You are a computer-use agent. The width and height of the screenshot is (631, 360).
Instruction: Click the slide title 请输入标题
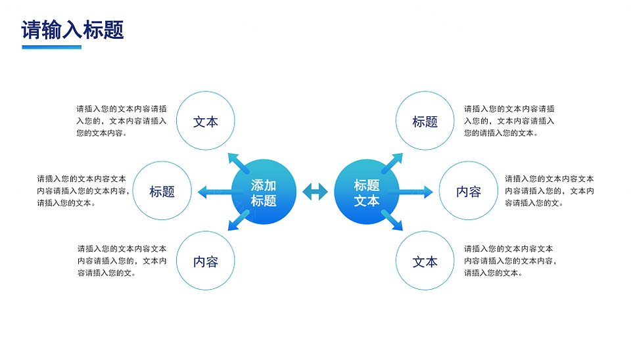click(x=72, y=30)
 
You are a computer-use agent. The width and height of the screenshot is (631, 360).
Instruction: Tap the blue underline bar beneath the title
click(x=51, y=47)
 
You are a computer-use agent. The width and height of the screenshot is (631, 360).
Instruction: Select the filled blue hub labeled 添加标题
click(x=264, y=192)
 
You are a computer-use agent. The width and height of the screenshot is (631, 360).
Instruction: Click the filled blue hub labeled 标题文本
click(x=367, y=192)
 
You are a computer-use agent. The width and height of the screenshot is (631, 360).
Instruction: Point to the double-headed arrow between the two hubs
click(x=315, y=191)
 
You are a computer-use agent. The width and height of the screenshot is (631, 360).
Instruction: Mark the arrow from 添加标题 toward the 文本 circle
click(x=238, y=163)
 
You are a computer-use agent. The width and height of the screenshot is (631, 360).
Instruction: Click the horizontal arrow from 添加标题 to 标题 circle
click(x=216, y=192)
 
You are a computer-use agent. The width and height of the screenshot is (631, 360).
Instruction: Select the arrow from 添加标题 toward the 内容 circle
click(x=238, y=221)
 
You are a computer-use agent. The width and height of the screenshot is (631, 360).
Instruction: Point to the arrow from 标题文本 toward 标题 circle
click(x=392, y=163)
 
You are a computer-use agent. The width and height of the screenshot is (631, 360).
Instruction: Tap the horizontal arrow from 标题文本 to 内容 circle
click(x=415, y=192)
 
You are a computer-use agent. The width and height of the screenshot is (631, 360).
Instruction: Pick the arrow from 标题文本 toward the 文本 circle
click(x=392, y=221)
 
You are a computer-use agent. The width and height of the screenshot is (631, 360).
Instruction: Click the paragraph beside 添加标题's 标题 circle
click(x=83, y=191)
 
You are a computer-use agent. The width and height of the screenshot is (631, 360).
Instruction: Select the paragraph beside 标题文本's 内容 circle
click(x=549, y=191)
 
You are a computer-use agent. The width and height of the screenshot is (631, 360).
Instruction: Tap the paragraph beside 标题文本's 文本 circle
click(x=510, y=261)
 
